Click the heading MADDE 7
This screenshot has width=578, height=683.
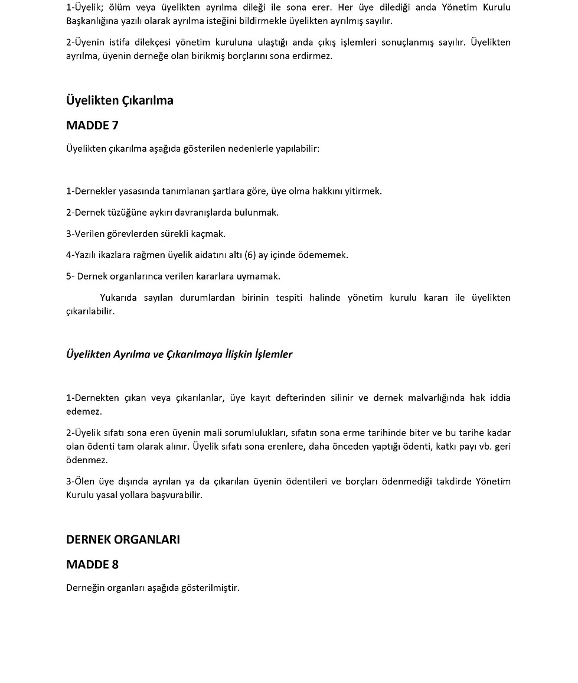92,125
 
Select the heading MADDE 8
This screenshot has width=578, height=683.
92,564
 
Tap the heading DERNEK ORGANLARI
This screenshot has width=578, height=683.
123,539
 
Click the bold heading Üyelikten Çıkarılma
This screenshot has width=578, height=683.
119,100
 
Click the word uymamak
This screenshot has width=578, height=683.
260,277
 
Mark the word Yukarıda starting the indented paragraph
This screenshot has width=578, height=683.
119,298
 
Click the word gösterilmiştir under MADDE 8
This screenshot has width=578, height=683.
211,588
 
